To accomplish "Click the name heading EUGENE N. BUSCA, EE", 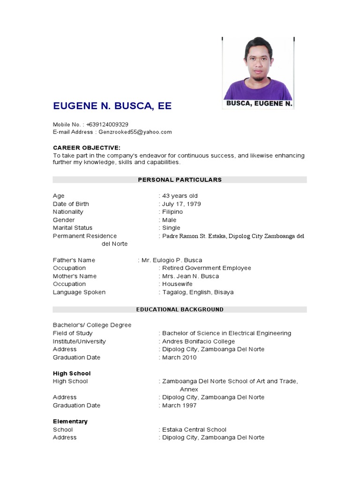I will click(112, 106).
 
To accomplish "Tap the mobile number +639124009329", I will click(107, 124).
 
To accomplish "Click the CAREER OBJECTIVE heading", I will click(87, 148).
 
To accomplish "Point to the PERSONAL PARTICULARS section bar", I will click(180, 180).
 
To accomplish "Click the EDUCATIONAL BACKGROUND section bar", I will click(180, 309).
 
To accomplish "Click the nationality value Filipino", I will click(172, 212).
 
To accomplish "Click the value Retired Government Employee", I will click(207, 268).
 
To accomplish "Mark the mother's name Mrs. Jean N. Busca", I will click(190, 276).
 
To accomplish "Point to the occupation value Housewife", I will click(177, 284).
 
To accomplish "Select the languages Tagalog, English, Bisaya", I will click(198, 292).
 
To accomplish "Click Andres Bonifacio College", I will click(198, 341).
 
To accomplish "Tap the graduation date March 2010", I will click(180, 357).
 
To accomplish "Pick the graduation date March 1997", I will click(180, 405).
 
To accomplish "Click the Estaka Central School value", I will click(194, 429).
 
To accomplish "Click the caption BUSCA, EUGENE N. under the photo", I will click(259, 104).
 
